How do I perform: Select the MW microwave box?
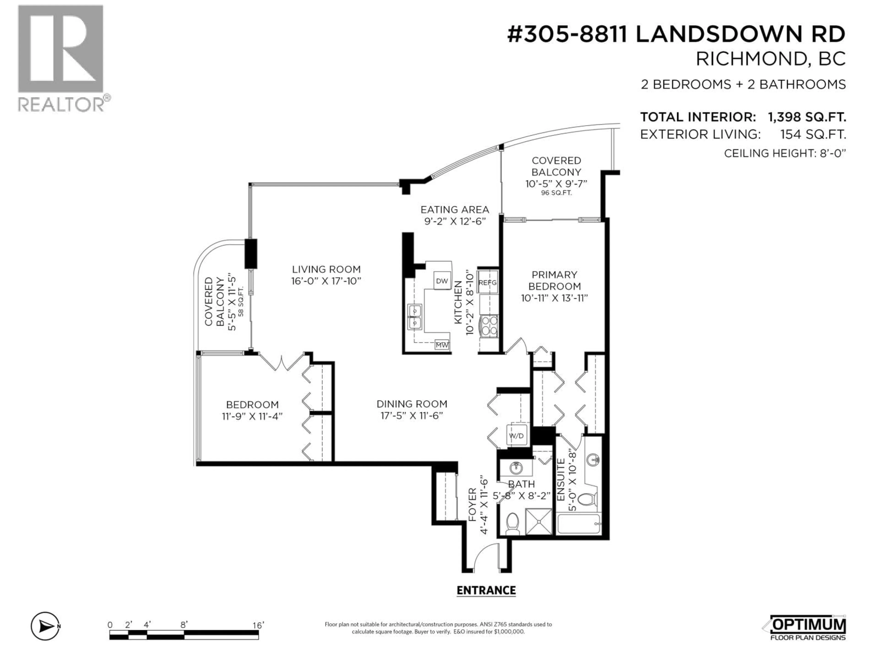442,345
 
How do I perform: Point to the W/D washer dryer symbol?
516,436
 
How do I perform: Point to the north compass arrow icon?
45,627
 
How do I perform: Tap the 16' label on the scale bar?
258,625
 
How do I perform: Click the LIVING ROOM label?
326,269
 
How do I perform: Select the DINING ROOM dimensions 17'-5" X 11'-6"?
412,416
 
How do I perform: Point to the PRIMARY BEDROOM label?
554,281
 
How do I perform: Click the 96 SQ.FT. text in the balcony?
556,193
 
